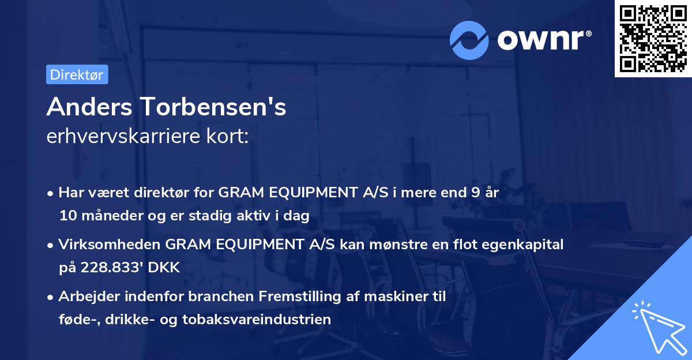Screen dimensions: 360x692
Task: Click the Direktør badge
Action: coord(77,74)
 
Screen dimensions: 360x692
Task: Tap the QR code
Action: coord(653,39)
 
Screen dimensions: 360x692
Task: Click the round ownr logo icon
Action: coord(469,40)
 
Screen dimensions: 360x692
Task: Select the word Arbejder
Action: coord(85,297)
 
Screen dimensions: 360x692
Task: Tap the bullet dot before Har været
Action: coord(51,194)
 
